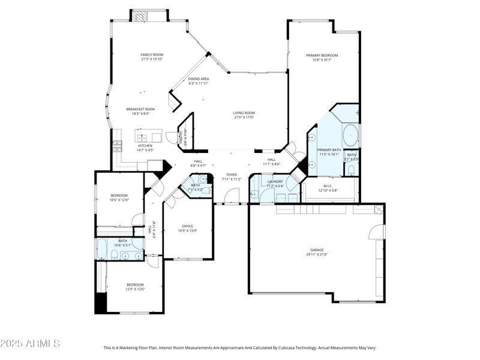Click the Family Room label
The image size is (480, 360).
pyautogui.click(x=152, y=55)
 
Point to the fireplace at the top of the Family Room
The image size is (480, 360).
pyautogui.click(x=148, y=16)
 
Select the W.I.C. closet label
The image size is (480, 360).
pyautogui.click(x=328, y=185)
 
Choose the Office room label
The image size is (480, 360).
pyautogui.click(x=187, y=226)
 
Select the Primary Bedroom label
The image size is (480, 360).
pyautogui.click(x=325, y=55)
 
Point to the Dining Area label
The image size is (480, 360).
pyautogui.click(x=199, y=79)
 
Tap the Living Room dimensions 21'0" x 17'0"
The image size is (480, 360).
pyautogui.click(x=244, y=118)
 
